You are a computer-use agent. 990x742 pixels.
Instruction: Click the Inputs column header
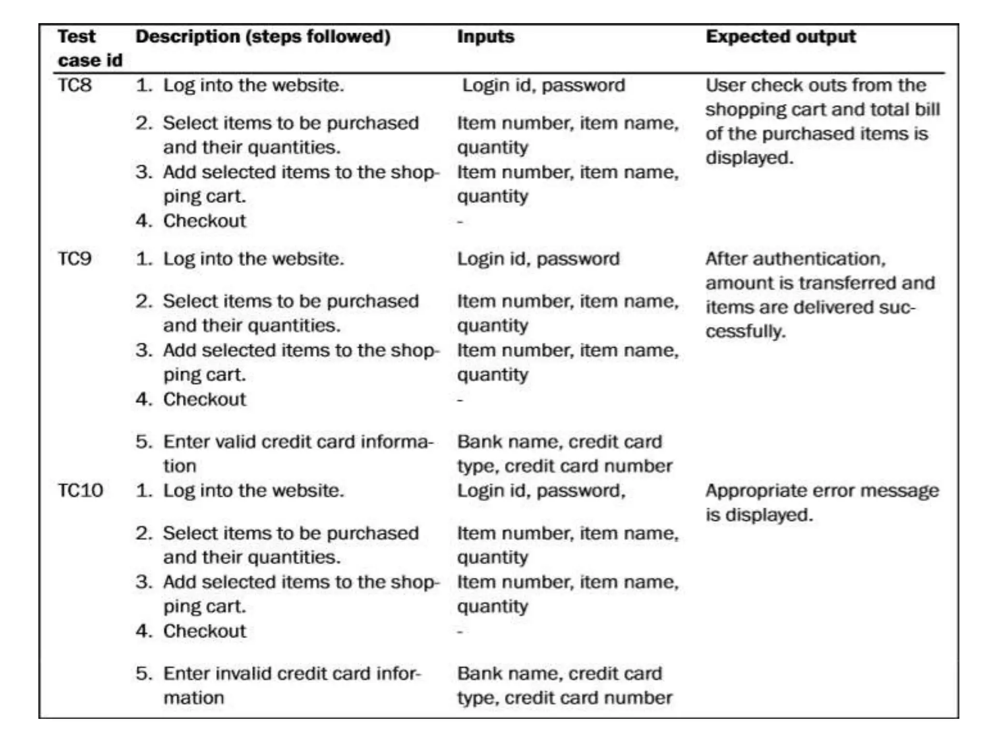485,37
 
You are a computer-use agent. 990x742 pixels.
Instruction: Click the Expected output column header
780,37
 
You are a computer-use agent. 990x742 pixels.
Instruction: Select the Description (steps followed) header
262,37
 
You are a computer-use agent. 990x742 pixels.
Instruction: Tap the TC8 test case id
74,85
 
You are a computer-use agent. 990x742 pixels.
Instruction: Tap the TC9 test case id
74,259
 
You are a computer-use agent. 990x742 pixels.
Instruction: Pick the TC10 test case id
80,491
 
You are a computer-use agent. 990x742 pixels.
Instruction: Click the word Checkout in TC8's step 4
204,221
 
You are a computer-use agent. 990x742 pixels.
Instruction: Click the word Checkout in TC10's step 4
204,631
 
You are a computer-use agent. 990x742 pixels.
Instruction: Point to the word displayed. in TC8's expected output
749,158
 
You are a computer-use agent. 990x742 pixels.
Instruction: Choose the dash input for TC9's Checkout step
460,400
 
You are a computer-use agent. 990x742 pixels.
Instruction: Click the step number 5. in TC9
144,442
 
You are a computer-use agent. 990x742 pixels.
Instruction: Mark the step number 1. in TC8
144,86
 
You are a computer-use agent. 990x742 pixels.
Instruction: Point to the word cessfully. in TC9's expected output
745,332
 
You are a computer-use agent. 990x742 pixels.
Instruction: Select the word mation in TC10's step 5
193,698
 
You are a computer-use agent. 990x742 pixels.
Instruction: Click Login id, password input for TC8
543,86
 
